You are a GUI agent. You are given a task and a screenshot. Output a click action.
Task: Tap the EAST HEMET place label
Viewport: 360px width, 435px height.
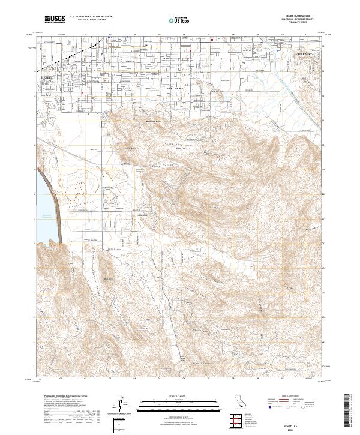pyautogui.click(x=176, y=88)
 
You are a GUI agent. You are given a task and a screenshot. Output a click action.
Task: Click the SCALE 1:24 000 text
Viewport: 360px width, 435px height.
pyautogui.click(x=179, y=397)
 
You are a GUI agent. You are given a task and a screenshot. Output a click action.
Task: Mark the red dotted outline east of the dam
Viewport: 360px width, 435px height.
pyautogui.click(x=77, y=190)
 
